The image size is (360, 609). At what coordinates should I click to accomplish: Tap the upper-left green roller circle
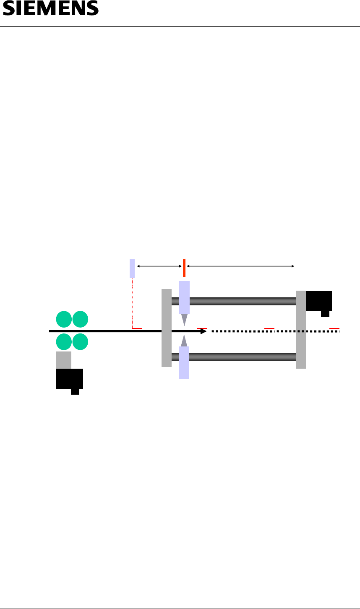64,319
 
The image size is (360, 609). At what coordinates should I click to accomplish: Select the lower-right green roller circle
80,342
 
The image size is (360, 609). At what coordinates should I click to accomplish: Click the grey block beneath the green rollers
63,360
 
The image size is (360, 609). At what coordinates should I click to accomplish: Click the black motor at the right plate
319,301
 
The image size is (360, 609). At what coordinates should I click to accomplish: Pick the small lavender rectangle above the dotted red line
132,268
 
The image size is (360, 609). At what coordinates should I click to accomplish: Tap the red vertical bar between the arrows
184,268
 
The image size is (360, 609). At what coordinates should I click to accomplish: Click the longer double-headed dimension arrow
240,266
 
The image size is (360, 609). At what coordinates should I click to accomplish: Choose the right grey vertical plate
301,330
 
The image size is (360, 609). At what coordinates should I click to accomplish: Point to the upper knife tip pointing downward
184,320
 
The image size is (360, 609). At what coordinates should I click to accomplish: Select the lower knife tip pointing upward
184,341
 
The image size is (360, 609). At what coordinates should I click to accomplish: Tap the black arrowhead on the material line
203,331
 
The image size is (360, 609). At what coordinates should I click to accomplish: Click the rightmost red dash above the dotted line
334,328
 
